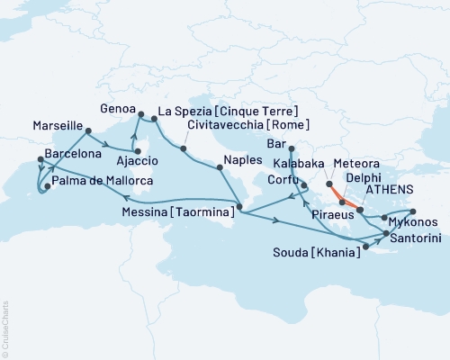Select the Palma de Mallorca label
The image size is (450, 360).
click(102, 181)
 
